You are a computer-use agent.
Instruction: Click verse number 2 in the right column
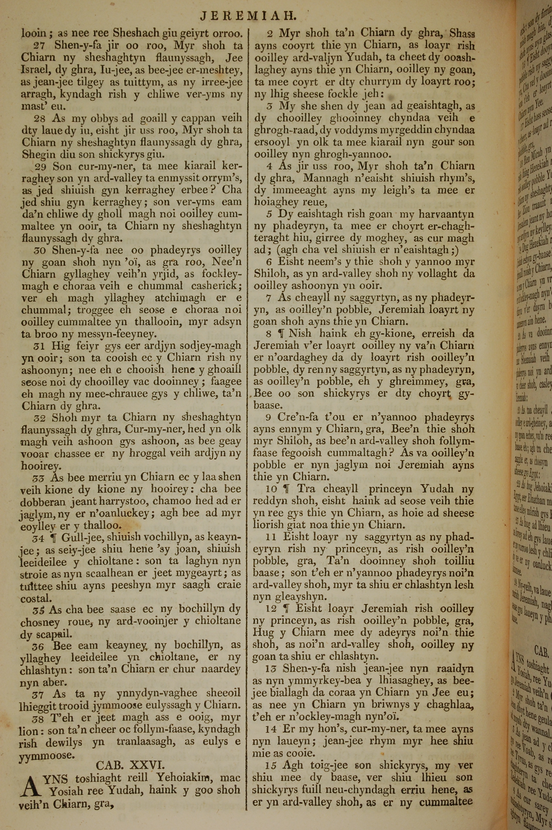coord(270,34)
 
